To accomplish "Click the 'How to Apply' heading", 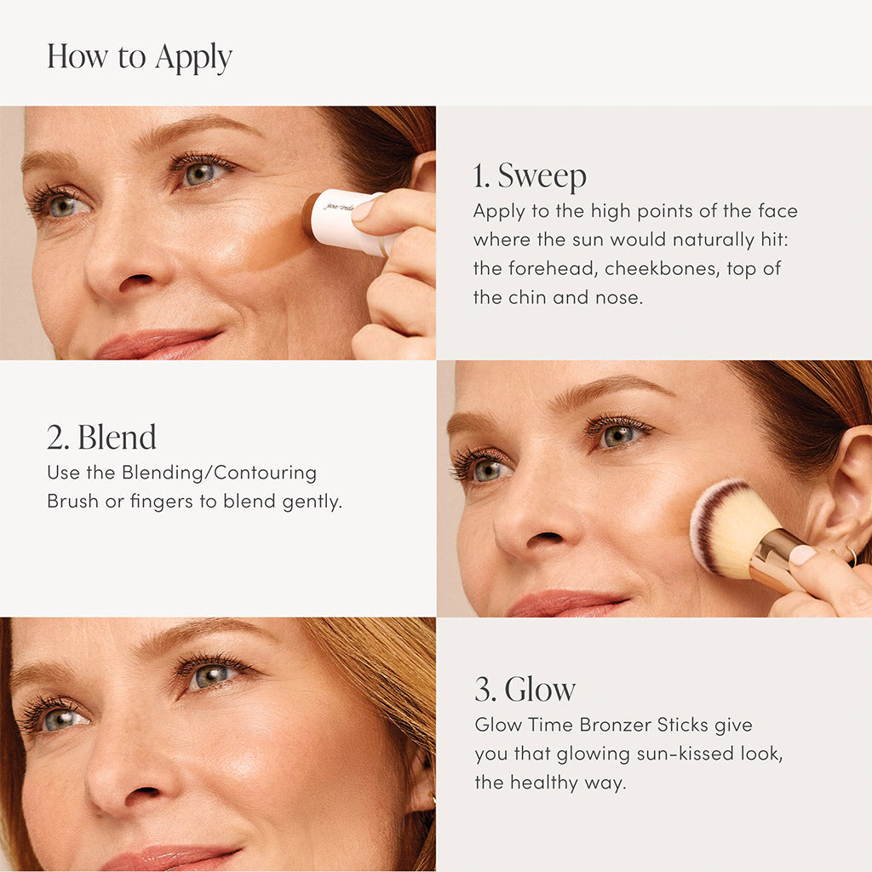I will coord(139,57).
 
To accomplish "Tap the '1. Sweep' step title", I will coord(530,176).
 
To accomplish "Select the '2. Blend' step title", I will coord(101,438).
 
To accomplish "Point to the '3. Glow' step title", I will coord(525,689).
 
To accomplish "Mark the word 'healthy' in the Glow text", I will coord(542,783).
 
